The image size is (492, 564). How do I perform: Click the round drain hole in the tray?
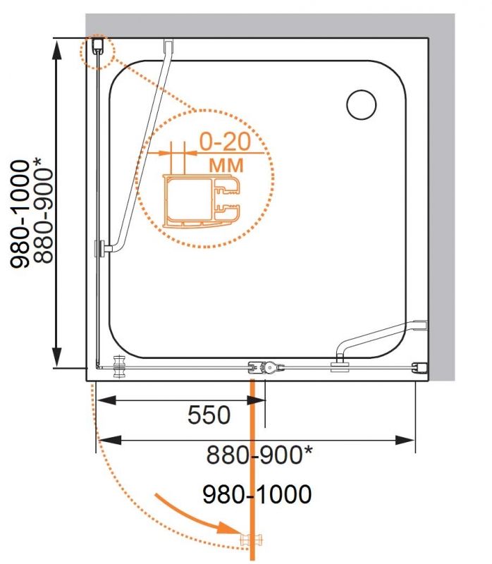point(362,104)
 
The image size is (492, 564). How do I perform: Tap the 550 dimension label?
point(209,415)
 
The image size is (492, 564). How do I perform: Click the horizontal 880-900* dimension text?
point(259,454)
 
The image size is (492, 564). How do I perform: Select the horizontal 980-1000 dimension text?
point(257,494)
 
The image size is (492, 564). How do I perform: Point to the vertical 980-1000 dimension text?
point(20,214)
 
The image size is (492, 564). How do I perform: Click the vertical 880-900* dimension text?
point(43,210)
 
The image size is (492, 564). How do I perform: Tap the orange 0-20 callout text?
point(225,142)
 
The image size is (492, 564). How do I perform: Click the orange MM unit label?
point(226,166)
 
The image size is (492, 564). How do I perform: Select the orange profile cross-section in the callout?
point(202,202)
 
